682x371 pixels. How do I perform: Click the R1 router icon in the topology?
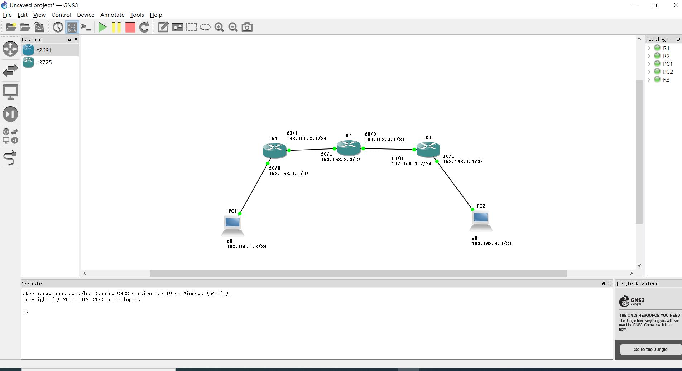coord(274,150)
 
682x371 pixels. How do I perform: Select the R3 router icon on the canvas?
coord(349,147)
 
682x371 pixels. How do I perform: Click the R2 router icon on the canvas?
coord(428,148)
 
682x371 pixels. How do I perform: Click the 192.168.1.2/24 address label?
coord(246,246)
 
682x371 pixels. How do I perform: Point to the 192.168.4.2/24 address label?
coord(491,244)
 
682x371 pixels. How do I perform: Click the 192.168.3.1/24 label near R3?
coord(384,140)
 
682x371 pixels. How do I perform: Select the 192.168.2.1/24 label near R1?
coord(306,138)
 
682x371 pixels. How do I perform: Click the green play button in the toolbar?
coord(102,27)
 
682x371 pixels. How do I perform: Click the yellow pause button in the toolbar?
coord(116,27)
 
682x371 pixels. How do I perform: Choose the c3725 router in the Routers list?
coord(44,63)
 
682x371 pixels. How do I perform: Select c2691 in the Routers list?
coord(44,50)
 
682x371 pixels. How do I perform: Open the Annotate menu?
coord(112,15)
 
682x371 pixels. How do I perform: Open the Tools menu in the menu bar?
coord(137,15)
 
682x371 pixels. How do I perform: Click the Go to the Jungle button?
coord(650,350)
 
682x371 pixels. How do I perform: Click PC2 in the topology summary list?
coord(668,72)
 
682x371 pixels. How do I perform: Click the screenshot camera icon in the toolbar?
coord(247,27)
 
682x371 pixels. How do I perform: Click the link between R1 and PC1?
coord(254,189)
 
